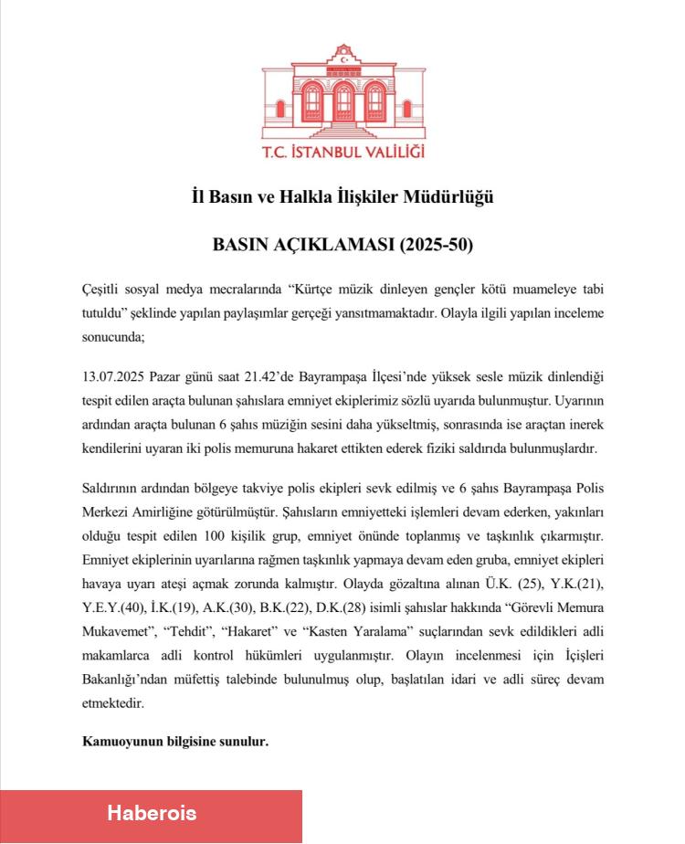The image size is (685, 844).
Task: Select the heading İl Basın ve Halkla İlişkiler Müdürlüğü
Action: point(342,196)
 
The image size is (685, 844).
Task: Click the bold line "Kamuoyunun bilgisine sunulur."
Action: point(175,741)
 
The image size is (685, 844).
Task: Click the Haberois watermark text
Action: point(152,812)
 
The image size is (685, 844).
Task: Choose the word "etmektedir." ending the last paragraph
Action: point(113,704)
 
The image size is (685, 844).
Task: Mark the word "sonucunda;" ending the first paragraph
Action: point(113,336)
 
